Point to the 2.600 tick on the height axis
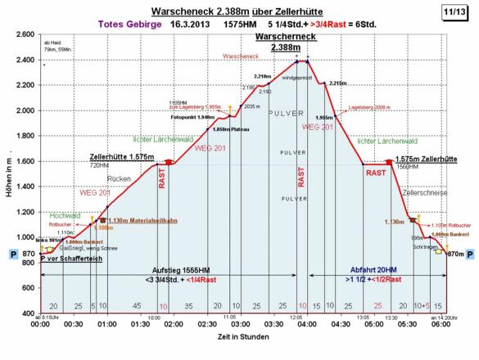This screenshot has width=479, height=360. click(24, 34)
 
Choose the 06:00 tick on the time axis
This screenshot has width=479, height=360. click(441, 324)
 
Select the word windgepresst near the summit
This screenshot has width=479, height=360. click(297, 79)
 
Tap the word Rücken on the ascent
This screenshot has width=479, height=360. click(120, 178)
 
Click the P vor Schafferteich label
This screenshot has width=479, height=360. click(71, 259)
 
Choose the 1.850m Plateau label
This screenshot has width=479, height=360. click(230, 129)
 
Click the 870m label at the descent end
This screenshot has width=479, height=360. click(455, 254)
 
